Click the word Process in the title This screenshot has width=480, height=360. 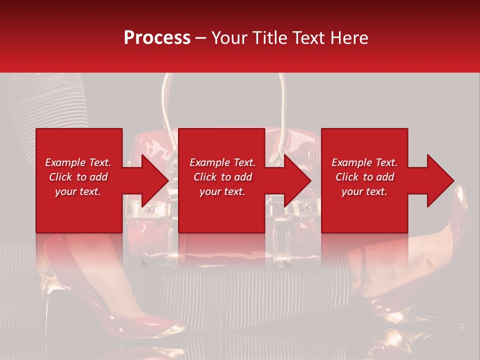pos(157,38)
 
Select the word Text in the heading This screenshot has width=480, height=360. pos(307,38)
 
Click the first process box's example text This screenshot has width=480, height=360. pos(78,177)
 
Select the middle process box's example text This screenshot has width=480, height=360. pos(222,177)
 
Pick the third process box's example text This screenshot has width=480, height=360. pos(364,177)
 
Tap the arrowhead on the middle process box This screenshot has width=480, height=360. pos(298,180)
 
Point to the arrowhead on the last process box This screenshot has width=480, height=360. pos(441,180)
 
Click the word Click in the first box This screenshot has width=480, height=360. pos(60,177)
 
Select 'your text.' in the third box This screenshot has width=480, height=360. pos(364,191)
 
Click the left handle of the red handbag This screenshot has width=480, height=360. pos(165,100)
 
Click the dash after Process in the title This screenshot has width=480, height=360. pos(200,38)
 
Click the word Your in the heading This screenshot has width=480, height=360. pos(228,38)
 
